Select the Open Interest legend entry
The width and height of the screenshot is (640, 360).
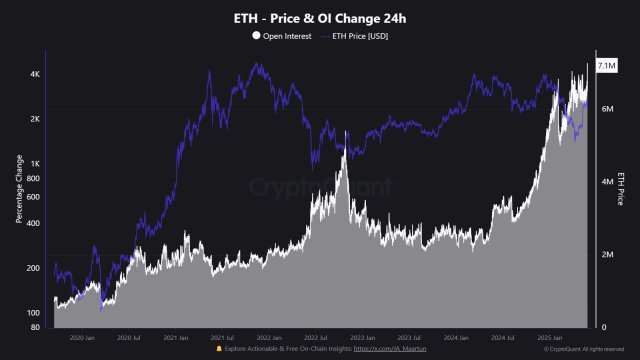click(x=287, y=36)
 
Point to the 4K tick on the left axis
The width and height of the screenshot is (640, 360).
click(x=35, y=75)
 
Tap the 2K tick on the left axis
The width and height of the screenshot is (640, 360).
click(x=35, y=119)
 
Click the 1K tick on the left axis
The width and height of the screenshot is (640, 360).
click(x=35, y=164)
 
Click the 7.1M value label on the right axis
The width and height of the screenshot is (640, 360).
click(x=606, y=65)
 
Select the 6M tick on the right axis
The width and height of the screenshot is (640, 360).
click(x=606, y=107)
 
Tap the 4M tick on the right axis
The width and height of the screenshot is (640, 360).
click(x=606, y=181)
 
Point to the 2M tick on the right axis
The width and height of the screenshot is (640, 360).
click(x=606, y=255)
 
